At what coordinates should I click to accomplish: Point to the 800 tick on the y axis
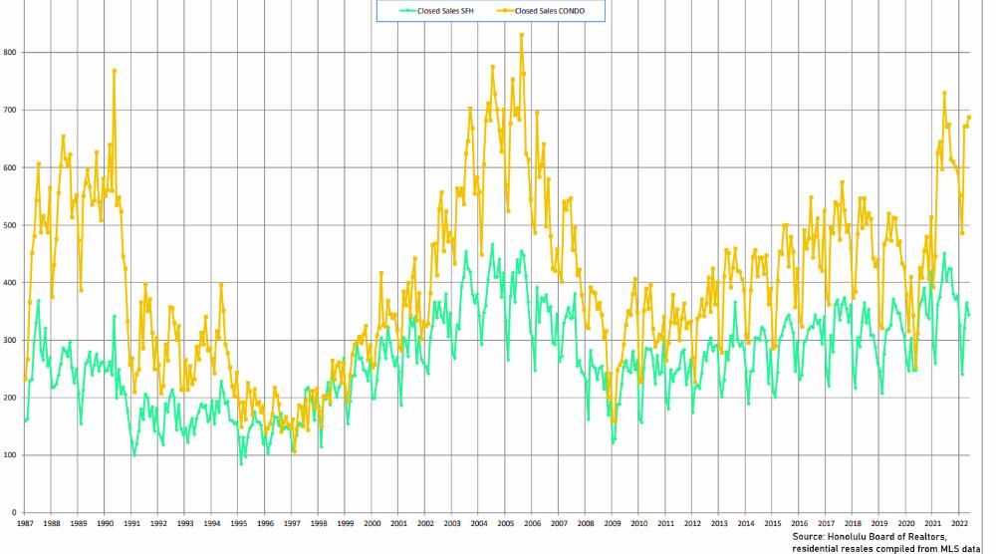point(9,52)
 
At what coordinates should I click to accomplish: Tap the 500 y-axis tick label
point(9,225)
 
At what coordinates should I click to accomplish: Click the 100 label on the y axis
point(9,455)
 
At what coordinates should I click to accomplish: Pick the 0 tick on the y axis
point(13,513)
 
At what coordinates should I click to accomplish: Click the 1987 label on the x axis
point(25,522)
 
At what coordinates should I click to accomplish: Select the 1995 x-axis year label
point(239,522)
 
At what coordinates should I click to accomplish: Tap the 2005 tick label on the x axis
point(506,522)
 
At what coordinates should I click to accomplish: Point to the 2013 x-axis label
point(719,522)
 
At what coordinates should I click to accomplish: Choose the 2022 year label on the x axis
point(959,522)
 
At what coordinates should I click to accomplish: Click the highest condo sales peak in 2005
point(521,35)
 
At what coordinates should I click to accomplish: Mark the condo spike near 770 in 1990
point(115,70)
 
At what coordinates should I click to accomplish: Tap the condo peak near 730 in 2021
point(944,93)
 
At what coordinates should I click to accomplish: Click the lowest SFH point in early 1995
point(240,463)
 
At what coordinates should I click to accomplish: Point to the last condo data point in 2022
point(969,118)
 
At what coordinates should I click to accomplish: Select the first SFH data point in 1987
point(25,421)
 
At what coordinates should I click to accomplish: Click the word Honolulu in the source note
point(849,535)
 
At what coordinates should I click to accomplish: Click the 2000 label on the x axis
point(373,522)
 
